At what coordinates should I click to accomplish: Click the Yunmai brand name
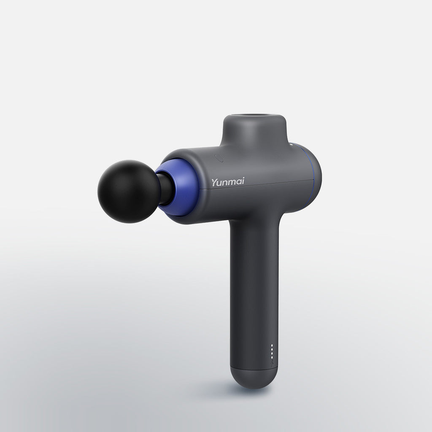228,182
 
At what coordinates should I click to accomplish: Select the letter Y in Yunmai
214,182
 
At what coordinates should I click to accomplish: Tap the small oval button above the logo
219,158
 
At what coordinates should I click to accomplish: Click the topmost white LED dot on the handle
272,346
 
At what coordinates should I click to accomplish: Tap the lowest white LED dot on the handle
272,357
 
